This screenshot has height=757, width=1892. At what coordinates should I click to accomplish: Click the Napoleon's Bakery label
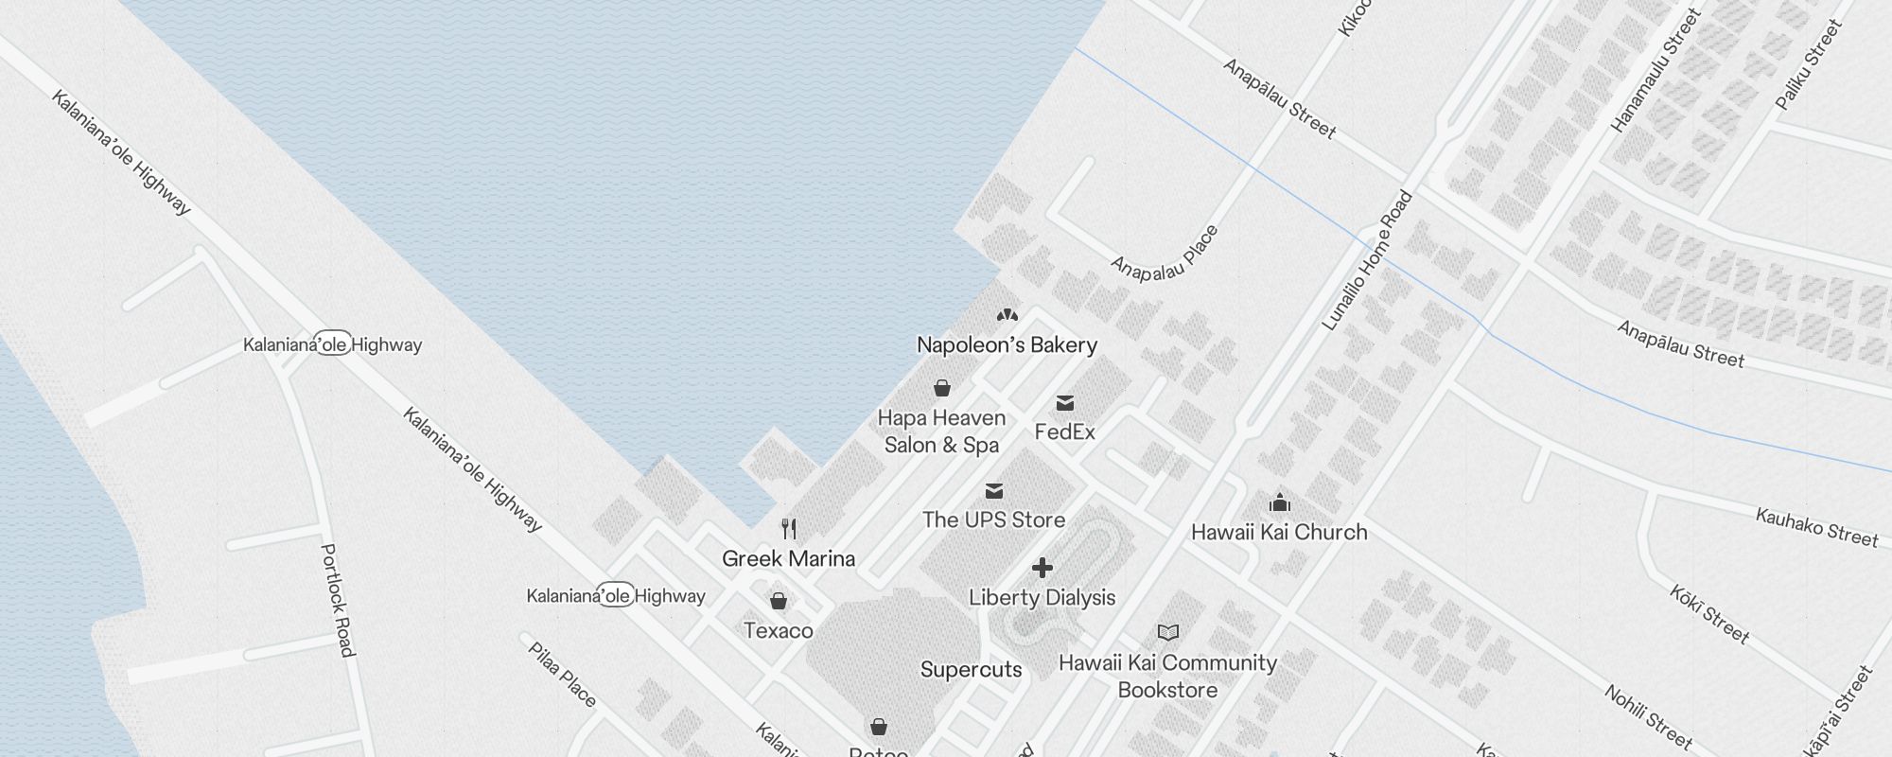[x=1007, y=345]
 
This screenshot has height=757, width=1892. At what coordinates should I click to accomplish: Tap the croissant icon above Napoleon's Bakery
[x=1007, y=314]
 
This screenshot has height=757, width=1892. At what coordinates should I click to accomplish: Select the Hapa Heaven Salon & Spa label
[x=941, y=431]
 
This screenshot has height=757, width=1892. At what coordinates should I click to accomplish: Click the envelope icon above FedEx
[x=1065, y=404]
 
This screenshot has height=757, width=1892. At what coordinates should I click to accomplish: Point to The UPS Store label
[x=993, y=519]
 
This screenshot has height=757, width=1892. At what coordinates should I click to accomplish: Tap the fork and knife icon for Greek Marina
[x=789, y=528]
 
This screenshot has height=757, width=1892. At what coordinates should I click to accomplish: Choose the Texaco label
[x=778, y=631]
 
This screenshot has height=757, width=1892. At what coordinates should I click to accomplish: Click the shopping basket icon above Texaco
[x=778, y=601]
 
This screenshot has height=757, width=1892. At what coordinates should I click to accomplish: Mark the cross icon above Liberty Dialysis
[x=1042, y=568]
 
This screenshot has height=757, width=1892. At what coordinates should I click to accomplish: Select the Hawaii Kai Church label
[x=1279, y=533]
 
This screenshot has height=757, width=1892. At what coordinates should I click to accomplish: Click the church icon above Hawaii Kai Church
[x=1280, y=502]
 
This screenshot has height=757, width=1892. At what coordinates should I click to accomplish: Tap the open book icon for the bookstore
[x=1168, y=632]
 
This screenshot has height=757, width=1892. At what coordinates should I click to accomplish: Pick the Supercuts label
[x=971, y=670]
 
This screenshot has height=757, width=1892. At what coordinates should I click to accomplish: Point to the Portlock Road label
[x=338, y=600]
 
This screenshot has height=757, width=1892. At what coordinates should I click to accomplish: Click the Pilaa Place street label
[x=562, y=675]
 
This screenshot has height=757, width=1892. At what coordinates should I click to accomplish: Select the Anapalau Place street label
[x=1165, y=254]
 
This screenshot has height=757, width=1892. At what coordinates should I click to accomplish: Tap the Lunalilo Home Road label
[x=1367, y=261]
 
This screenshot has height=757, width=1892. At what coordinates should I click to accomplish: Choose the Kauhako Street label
[x=1816, y=528]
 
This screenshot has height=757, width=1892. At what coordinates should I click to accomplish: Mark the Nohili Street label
[x=1648, y=716]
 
